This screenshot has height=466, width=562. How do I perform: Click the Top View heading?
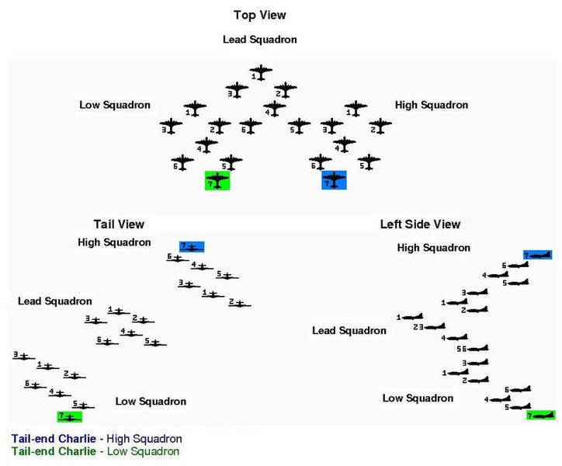(258, 15)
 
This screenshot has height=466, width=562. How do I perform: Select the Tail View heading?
(119, 224)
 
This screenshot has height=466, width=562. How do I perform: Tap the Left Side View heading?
(420, 224)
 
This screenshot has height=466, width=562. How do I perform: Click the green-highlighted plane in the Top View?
(217, 181)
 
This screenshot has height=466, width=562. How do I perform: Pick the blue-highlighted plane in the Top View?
(334, 180)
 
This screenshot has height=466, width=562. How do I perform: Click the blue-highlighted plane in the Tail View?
(192, 247)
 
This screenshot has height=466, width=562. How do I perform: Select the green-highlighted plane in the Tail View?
(70, 417)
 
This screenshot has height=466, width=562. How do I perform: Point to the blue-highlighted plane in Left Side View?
(537, 255)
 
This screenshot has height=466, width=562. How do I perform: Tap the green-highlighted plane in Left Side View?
(541, 415)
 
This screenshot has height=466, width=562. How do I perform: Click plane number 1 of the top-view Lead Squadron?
(260, 73)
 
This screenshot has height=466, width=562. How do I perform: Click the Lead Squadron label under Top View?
(259, 40)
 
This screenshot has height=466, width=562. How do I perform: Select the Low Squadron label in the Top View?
(115, 105)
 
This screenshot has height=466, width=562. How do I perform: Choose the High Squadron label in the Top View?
(432, 105)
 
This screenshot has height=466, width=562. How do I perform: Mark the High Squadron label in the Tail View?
(114, 242)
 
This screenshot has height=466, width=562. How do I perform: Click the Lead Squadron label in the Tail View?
(55, 301)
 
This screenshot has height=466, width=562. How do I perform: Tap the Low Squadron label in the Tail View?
(151, 402)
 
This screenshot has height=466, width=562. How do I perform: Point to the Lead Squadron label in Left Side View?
(349, 331)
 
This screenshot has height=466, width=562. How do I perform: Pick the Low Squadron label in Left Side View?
(418, 398)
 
